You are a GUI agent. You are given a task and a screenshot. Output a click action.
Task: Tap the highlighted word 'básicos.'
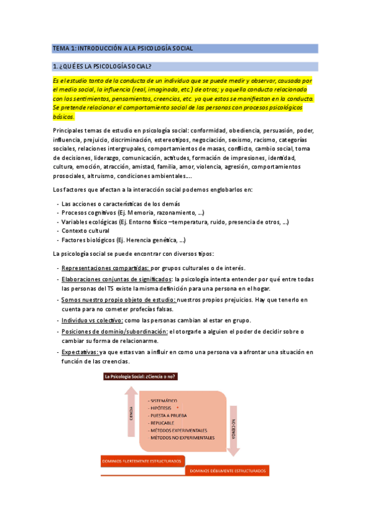point(64,116)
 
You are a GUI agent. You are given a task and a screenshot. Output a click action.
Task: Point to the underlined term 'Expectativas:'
point(80,352)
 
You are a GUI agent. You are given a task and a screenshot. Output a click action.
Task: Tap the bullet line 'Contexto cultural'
point(85,230)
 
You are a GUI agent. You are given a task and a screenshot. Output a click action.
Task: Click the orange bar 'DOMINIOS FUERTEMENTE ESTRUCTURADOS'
point(141,460)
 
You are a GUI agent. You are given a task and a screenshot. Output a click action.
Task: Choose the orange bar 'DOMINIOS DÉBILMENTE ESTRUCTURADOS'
point(227,471)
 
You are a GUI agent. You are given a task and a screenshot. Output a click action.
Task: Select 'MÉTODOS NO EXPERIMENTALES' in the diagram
point(182,437)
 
